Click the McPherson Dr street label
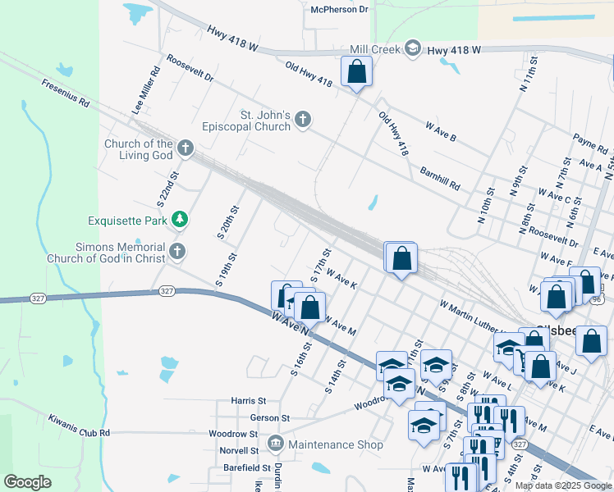[340, 9]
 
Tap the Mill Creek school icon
[412, 49]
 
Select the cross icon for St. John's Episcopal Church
[303, 121]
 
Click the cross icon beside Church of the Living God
[186, 149]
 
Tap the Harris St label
[249, 401]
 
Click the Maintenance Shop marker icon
[275, 444]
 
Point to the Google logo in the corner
[27, 482]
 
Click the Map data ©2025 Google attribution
[563, 485]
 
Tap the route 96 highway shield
[597, 300]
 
